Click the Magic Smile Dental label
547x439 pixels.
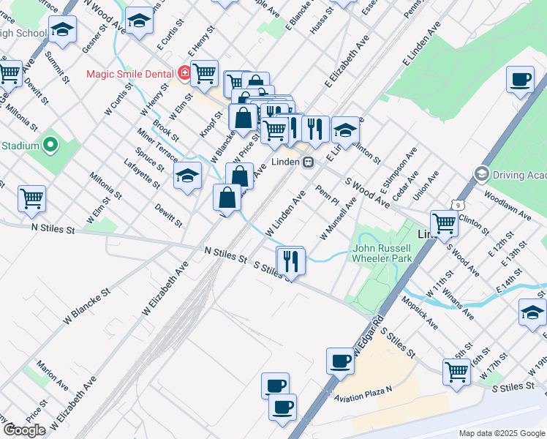129,74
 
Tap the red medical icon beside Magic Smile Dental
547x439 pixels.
184,74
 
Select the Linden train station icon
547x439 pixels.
309,162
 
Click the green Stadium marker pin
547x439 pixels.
50,145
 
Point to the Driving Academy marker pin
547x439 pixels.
482,174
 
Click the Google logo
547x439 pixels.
23,430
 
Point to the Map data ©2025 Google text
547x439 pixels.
501,433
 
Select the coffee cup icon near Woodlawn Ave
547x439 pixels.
520,78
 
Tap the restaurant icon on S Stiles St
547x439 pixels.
290,260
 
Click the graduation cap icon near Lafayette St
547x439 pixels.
187,176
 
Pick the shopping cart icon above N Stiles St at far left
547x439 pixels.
31,198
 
